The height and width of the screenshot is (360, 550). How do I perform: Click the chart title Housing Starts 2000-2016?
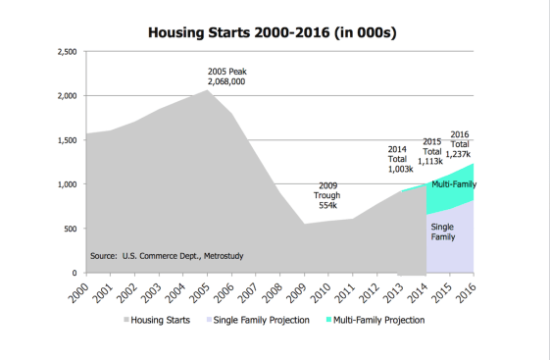(271, 31)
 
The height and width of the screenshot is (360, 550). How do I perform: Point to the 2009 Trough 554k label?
(327, 194)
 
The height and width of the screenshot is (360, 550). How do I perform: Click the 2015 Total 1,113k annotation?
(431, 152)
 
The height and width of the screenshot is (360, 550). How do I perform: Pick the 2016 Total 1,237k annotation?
(460, 144)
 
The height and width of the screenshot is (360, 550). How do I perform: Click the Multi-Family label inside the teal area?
(454, 183)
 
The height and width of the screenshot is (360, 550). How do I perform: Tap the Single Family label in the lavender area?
(442, 231)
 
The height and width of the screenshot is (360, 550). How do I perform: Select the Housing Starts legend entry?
(158, 320)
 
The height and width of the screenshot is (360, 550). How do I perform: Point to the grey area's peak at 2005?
(206, 90)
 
